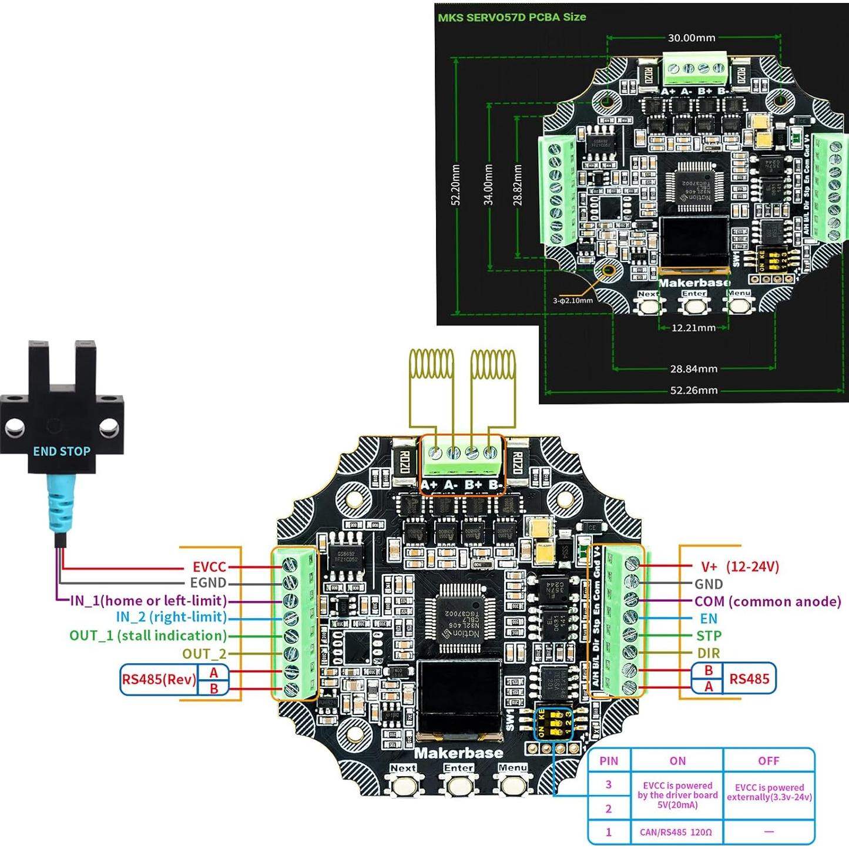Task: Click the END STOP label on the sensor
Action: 62,451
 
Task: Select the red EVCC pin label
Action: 209,567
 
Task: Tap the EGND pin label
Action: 208,583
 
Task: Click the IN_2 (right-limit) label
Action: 171,617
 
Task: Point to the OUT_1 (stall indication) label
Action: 148,636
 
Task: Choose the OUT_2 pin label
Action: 204,654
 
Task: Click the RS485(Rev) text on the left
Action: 159,680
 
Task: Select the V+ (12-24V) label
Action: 740,567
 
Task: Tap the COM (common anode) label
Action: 767,602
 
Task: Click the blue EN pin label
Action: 709,619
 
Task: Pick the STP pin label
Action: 709,636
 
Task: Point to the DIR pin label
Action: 709,653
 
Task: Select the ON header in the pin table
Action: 677,761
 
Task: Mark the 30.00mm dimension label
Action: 692,38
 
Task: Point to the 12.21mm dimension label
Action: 693,328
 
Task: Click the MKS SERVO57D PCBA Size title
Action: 512,17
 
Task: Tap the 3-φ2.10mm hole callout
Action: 572,301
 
